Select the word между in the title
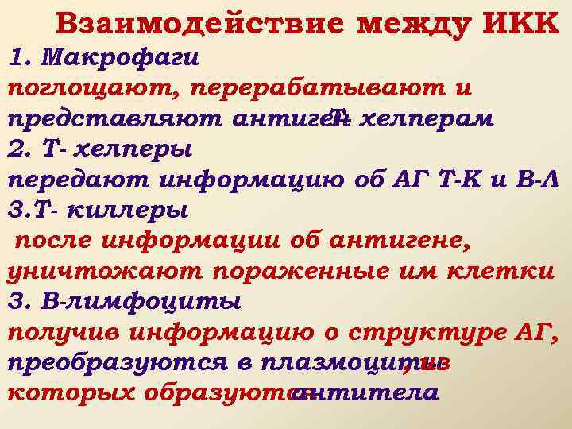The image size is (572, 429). point(408,25)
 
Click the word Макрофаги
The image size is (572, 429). point(120,57)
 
